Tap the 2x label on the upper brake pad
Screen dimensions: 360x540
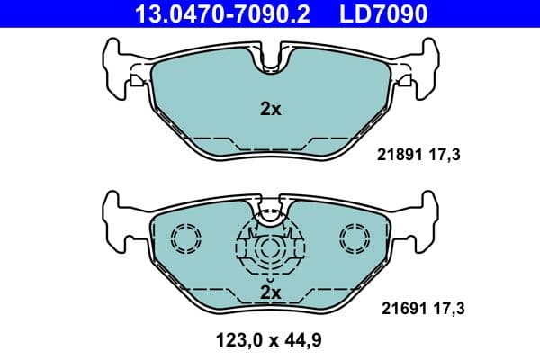tap(270, 110)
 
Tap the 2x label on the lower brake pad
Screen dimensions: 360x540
tap(270, 292)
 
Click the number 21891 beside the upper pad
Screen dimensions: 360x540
tap(394, 155)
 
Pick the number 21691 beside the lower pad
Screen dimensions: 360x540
tap(394, 308)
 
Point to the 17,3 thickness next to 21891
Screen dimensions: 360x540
tap(444, 155)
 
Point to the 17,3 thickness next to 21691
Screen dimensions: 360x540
tap(444, 308)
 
